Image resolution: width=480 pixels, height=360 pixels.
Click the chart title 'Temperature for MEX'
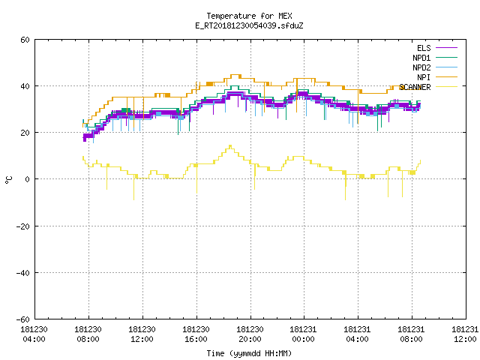tap(249, 16)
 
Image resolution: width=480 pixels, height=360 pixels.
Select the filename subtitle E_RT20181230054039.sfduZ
tap(249, 25)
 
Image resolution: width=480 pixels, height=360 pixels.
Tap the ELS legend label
tap(424, 48)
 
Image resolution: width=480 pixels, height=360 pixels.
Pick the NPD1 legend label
tap(421, 58)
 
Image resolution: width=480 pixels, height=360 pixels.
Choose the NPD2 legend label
tap(421, 67)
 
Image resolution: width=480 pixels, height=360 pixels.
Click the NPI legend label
tap(424, 77)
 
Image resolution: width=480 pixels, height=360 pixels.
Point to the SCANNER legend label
tap(415, 87)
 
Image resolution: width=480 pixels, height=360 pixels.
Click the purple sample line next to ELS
tap(446, 48)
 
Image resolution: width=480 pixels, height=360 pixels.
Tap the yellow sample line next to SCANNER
tap(446, 87)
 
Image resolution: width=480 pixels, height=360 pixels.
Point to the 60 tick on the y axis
tap(25, 40)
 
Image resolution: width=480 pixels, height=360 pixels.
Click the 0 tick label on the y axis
tap(28, 179)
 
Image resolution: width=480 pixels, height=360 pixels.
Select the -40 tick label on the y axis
tap(23, 273)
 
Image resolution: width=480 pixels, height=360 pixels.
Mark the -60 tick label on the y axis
tap(23, 319)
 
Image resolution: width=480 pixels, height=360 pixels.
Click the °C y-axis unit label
tap(8, 180)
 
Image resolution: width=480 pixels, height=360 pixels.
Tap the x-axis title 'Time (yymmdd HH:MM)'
tap(249, 353)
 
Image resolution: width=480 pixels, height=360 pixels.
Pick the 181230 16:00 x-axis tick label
tap(196, 334)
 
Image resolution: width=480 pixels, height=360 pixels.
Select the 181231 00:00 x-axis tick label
tap(303, 334)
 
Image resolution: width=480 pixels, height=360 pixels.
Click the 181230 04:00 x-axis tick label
tap(34, 334)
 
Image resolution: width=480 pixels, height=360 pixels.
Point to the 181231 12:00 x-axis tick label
tap(465, 334)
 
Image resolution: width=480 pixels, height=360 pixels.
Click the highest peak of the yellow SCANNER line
tap(230, 145)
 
